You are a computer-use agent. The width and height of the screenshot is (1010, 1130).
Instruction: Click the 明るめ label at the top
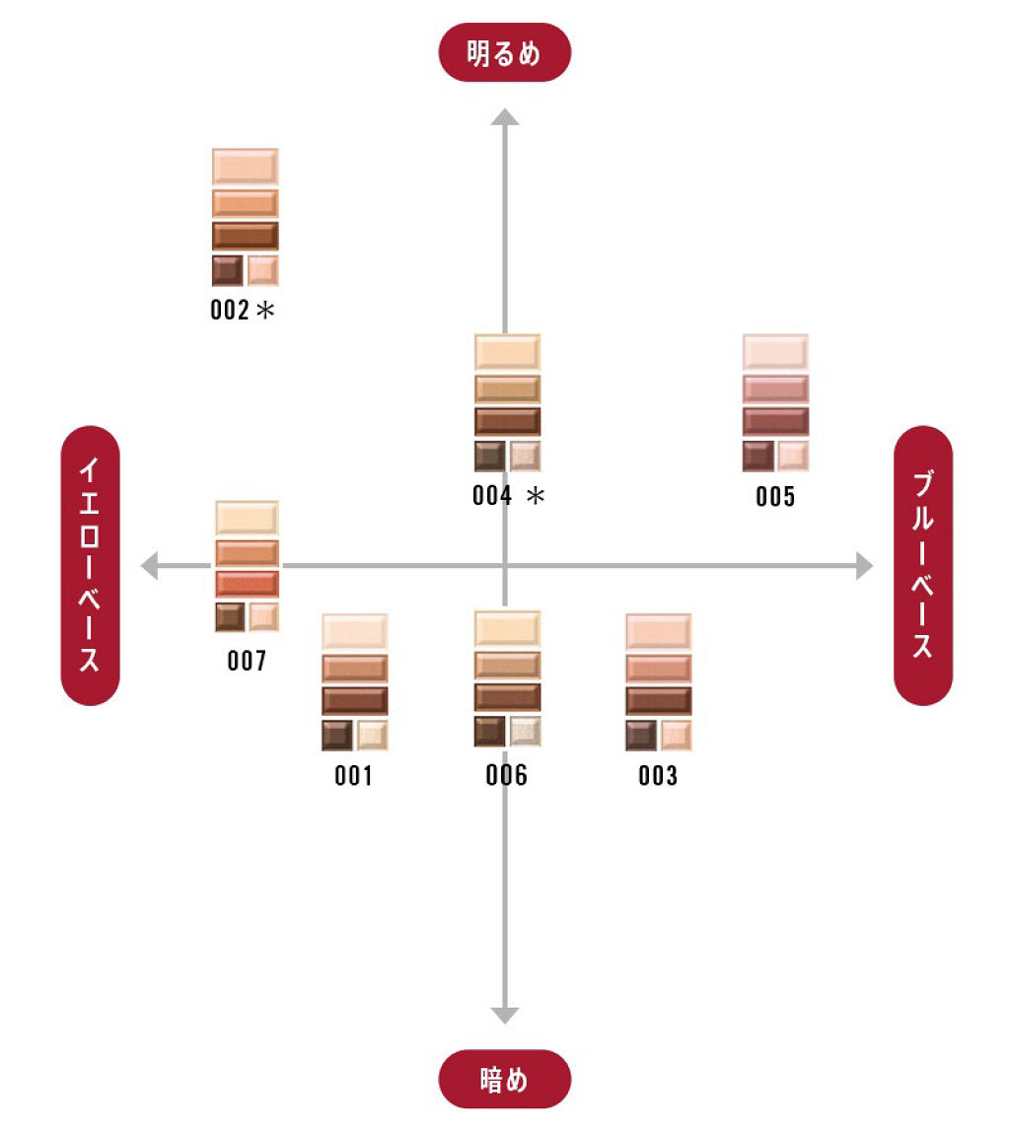click(x=504, y=52)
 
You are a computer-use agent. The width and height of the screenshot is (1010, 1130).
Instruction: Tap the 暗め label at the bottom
click(x=504, y=1079)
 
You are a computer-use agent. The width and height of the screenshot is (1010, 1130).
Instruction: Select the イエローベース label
click(x=90, y=565)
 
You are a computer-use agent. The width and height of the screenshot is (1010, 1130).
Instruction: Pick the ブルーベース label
click(x=922, y=565)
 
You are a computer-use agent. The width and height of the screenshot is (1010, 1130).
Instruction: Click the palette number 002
click(x=230, y=311)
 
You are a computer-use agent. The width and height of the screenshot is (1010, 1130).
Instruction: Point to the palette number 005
click(x=775, y=496)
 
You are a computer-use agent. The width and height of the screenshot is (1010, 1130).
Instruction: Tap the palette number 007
click(x=247, y=661)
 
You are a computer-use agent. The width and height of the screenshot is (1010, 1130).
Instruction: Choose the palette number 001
click(x=353, y=776)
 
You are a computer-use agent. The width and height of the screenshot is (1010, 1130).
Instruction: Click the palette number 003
click(x=658, y=776)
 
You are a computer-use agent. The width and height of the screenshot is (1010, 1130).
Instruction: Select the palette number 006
click(x=506, y=776)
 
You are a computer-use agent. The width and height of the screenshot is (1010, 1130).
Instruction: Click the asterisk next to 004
click(x=535, y=496)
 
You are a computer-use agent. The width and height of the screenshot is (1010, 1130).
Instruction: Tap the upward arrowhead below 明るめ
click(x=505, y=118)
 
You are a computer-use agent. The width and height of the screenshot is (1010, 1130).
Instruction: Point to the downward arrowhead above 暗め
click(x=505, y=1014)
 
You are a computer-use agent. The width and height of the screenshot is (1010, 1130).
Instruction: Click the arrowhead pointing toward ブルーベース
click(x=864, y=566)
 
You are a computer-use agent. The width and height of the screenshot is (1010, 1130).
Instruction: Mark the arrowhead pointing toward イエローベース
click(x=150, y=566)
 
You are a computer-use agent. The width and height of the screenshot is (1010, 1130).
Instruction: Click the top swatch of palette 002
click(x=245, y=166)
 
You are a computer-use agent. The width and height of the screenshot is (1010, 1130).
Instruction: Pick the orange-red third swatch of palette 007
click(x=247, y=584)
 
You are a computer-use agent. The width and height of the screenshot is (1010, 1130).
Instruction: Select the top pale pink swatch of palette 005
click(x=775, y=352)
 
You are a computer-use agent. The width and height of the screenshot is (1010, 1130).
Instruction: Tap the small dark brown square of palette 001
click(x=336, y=735)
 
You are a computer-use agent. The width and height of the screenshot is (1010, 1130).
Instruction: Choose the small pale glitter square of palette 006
click(x=525, y=731)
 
